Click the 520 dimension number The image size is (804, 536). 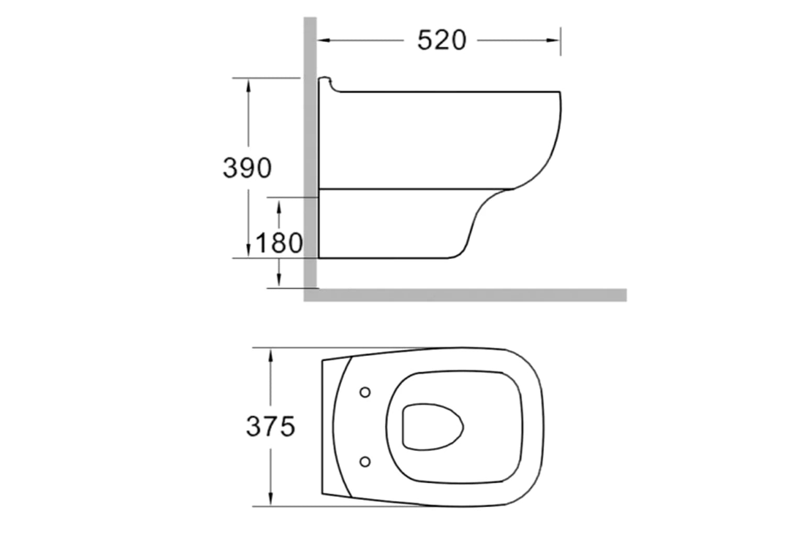(441, 40)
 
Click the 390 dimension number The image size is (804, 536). (247, 168)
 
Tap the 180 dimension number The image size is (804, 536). (279, 243)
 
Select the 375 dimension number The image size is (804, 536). (271, 426)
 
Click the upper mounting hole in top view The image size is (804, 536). (365, 392)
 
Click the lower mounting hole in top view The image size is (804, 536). (365, 461)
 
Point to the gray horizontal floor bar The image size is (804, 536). (471, 295)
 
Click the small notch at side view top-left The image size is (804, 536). (329, 81)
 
